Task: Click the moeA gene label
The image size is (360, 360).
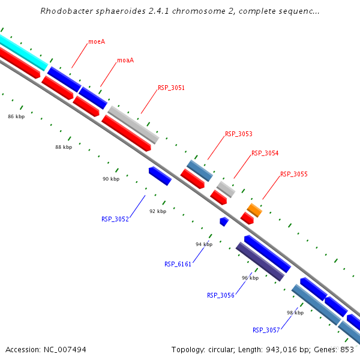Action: [x=97, y=42]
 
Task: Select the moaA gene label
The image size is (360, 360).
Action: [x=125, y=60]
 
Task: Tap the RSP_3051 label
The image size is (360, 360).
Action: [x=171, y=88]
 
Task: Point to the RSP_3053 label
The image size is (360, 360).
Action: [x=238, y=134]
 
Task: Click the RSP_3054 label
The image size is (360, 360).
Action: [x=265, y=153]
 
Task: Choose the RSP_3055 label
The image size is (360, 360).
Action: [x=293, y=174]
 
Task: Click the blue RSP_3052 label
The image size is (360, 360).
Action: [x=115, y=219]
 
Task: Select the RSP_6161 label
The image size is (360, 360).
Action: [x=178, y=264]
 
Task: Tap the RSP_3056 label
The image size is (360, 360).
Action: [x=220, y=295]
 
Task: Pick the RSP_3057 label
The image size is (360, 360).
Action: [x=266, y=330]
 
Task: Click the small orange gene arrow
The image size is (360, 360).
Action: [x=254, y=210]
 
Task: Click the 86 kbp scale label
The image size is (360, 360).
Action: [x=16, y=116]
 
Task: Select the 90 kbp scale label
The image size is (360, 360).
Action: [x=111, y=179]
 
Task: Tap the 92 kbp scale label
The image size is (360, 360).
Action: [x=158, y=211]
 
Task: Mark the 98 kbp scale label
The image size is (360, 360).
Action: [x=295, y=313]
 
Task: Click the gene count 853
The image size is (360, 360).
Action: [x=347, y=349]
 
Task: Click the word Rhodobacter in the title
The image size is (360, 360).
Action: [x=65, y=11]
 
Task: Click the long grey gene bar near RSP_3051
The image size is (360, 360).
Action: [x=133, y=125]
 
